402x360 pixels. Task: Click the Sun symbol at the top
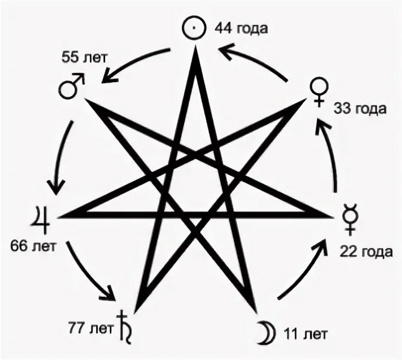[x=184, y=28]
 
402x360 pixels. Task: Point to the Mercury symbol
[x=350, y=220]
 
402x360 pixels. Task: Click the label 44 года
[x=242, y=29]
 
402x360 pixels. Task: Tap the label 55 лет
[x=84, y=58]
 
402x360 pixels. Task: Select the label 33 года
[x=360, y=109]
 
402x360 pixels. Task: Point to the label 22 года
[x=366, y=252]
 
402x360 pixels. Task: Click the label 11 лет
[x=306, y=334]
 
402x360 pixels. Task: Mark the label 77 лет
[x=90, y=329]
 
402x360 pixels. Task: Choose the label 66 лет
[x=33, y=246]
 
